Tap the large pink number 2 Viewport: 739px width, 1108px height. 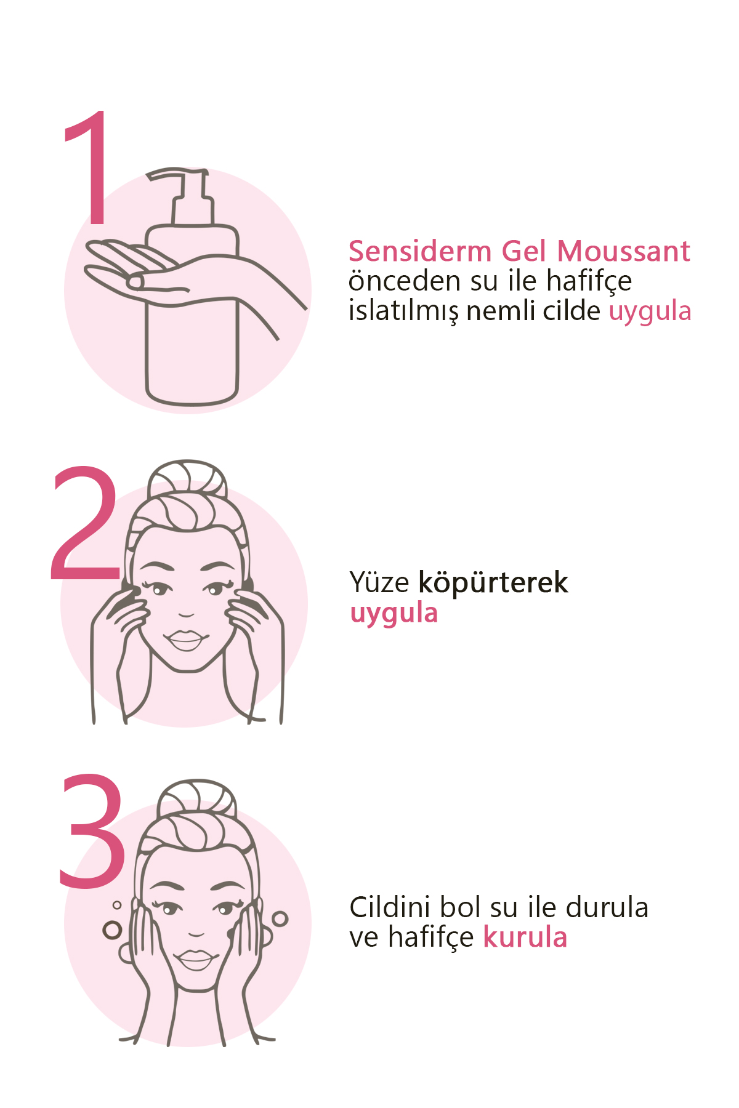click(85, 523)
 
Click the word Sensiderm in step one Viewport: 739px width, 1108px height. click(421, 251)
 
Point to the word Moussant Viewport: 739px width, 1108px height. click(624, 251)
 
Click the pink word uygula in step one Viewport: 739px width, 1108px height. click(650, 311)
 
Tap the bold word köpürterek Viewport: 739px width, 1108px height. click(493, 583)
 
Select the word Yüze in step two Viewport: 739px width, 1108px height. click(379, 582)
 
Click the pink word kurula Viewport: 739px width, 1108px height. click(525, 937)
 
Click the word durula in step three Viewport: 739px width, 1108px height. click(607, 907)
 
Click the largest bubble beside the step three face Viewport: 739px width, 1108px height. click(112, 929)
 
